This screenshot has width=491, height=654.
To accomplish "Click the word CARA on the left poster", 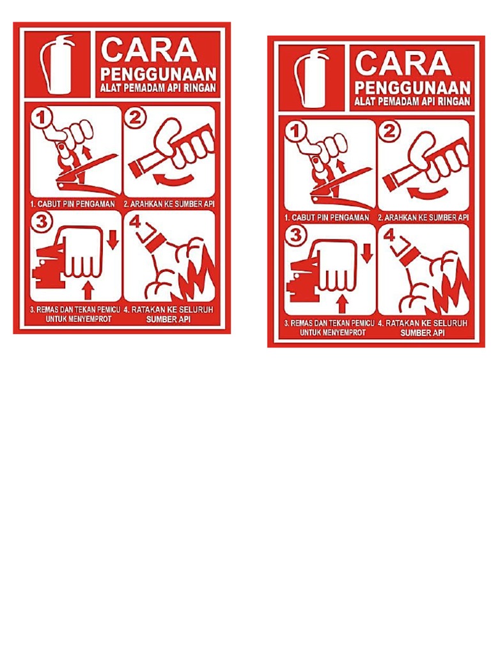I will coord(148,50).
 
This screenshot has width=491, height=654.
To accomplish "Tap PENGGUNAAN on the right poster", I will coord(412,86).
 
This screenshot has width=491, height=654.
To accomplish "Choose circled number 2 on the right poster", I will coord(389,132).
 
